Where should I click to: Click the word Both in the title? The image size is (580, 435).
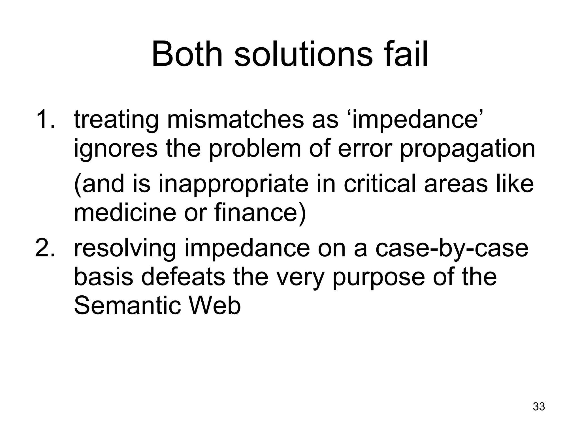pos(187,54)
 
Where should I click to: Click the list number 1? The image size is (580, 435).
pos(45,120)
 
